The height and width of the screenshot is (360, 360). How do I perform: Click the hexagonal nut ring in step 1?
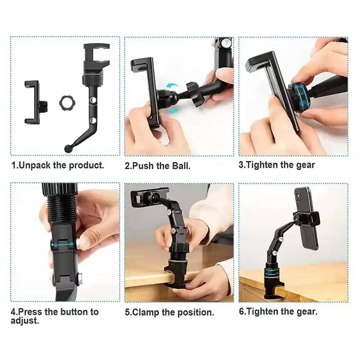[x=66, y=103]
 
